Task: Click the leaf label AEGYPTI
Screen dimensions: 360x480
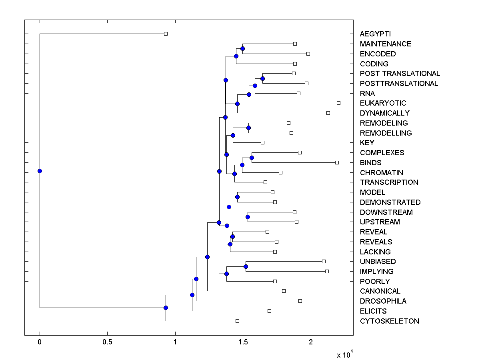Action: pos(375,34)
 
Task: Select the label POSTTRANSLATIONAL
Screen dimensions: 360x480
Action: pos(399,84)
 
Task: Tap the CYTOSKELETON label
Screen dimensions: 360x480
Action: pos(389,321)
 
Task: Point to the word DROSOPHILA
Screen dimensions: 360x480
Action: pos(383,301)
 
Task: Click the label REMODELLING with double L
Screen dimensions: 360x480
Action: pos(386,133)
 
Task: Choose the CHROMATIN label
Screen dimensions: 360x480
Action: pos(381,173)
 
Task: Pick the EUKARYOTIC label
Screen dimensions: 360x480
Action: pos(383,103)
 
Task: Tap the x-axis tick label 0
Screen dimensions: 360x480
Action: pos(40,342)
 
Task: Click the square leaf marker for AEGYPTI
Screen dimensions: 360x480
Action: pos(166,34)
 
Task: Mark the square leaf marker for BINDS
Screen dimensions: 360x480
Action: pos(337,162)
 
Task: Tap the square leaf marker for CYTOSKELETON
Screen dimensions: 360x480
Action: pos(237,321)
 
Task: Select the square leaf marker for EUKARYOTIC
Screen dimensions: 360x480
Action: pos(338,103)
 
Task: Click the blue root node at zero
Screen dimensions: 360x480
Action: pos(40,171)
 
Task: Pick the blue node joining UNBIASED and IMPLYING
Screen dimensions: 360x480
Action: pos(246,266)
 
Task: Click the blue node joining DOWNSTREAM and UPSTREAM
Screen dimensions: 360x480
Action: pos(248,217)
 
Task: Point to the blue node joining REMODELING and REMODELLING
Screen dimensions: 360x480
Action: pos(248,128)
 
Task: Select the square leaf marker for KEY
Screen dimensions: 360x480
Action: pos(262,142)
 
